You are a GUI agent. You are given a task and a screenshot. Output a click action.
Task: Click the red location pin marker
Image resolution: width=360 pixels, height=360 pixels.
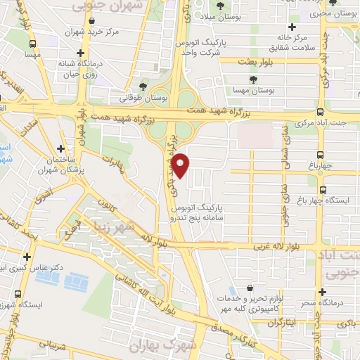(181, 165)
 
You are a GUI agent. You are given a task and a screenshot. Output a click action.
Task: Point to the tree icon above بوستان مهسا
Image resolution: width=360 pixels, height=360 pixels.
(252, 78)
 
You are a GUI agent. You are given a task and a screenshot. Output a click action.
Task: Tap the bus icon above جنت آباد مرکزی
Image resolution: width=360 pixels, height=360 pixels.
(321, 111)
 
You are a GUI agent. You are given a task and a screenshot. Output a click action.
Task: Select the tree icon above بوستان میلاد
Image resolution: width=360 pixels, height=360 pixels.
(221, 6)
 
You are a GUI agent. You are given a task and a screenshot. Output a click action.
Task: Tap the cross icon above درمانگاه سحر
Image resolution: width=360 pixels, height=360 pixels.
(323, 291)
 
